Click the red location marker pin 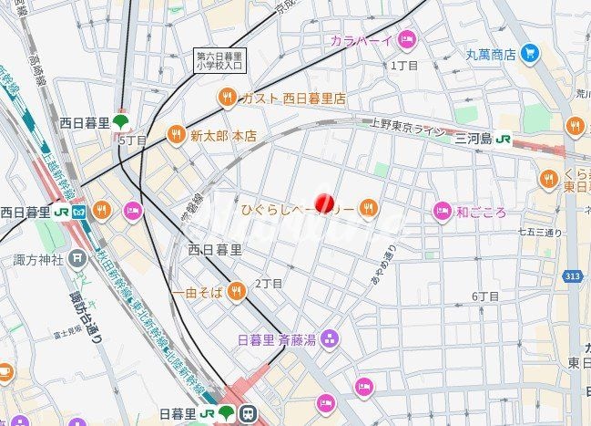click(324, 203)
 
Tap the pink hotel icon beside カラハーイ click(406, 39)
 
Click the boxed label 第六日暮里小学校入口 click(220, 60)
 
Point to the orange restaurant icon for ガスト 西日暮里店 click(224, 97)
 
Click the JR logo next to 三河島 click(503, 139)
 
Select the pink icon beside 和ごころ click(442, 212)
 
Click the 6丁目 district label click(485, 296)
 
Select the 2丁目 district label click(269, 284)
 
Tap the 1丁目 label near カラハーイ click(403, 66)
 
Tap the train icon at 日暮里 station click(248, 414)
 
